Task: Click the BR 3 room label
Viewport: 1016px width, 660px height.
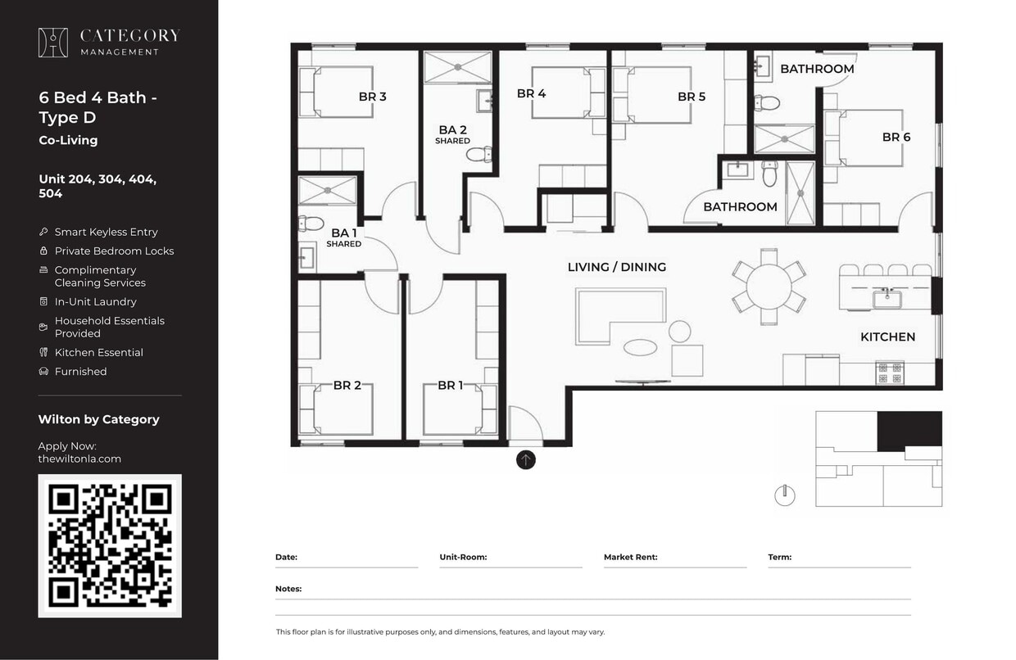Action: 372,97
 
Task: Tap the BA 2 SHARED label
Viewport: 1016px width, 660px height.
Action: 452,134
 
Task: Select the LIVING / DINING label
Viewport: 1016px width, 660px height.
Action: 616,267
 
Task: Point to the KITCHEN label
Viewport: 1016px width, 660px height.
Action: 887,337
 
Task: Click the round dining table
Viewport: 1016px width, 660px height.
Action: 769,287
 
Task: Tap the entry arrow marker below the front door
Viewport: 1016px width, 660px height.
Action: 526,460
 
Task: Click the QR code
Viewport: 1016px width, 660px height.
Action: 110,545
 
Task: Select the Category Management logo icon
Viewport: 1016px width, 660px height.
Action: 53,43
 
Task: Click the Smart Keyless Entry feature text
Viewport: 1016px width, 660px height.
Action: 106,233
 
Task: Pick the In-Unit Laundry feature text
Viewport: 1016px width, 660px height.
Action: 95,302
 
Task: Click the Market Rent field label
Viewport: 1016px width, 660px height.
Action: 630,558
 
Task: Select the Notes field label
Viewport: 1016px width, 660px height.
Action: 288,589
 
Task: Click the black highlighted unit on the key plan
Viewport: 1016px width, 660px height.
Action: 909,430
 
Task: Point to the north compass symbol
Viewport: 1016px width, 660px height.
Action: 785,495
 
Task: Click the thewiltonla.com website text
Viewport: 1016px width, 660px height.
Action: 79,459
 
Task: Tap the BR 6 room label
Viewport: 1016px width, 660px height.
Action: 896,138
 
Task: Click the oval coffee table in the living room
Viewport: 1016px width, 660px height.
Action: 640,347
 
